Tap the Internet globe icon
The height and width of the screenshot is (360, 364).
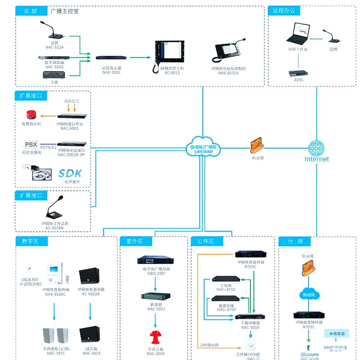pyautogui.click(x=316, y=148)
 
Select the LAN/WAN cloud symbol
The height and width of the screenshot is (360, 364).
pyautogui.click(x=204, y=146)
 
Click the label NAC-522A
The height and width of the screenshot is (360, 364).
pyautogui.click(x=54, y=47)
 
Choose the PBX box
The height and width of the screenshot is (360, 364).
pyautogui.click(x=31, y=145)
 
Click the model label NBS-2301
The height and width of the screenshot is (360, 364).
pyautogui.click(x=156, y=273)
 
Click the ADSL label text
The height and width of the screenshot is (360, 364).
pyautogui.click(x=299, y=80)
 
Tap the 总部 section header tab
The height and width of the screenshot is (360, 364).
pyautogui.click(x=30, y=11)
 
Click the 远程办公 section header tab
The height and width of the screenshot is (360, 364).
pyautogui.click(x=284, y=10)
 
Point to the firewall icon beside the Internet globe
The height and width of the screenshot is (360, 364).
pyautogui.click(x=257, y=145)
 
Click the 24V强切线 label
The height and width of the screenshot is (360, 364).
pyautogui.click(x=210, y=345)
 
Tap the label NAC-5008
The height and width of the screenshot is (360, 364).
pyautogui.click(x=250, y=327)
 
